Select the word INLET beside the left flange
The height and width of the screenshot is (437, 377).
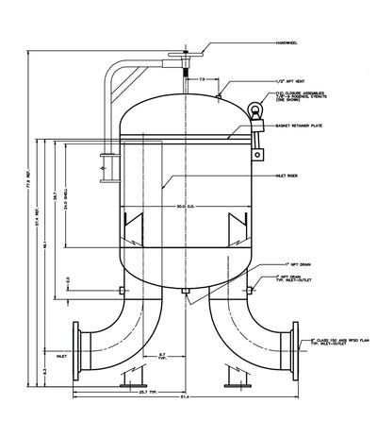62,358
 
